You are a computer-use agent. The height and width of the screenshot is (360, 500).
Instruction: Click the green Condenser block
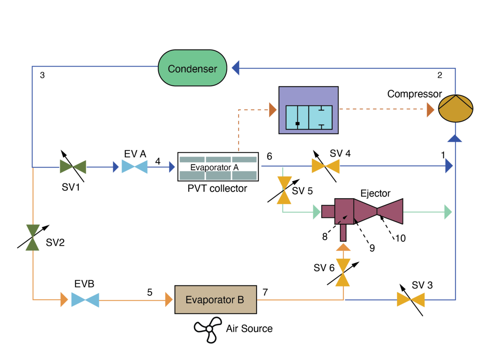pyautogui.click(x=192, y=68)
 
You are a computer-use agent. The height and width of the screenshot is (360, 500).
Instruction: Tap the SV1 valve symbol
pyautogui.click(x=73, y=167)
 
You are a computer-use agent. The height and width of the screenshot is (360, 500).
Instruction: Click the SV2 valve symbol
pyautogui.click(x=32, y=237)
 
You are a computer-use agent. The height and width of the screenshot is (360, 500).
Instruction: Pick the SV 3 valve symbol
pyautogui.click(x=410, y=299)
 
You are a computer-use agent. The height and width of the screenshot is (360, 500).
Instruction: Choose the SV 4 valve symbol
pyautogui.click(x=325, y=167)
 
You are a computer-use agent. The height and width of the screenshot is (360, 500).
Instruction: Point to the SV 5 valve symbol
pyautogui.click(x=285, y=190)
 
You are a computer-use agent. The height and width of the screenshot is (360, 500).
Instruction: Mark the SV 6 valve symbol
pyautogui.click(x=343, y=272)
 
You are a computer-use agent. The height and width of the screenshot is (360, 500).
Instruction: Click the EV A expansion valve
pyautogui.click(x=135, y=167)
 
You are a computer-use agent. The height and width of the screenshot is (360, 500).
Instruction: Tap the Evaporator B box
pyautogui.click(x=215, y=300)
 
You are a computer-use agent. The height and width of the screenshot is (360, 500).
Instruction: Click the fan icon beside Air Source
pyautogui.click(x=207, y=329)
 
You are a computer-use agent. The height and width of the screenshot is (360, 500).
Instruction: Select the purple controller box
pyautogui.click(x=308, y=110)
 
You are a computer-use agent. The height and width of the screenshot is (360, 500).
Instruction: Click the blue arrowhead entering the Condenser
pyautogui.click(x=236, y=68)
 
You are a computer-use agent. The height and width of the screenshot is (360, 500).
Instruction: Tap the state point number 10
pyautogui.click(x=400, y=238)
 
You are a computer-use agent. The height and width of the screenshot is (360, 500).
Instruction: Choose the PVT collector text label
pyautogui.click(x=217, y=188)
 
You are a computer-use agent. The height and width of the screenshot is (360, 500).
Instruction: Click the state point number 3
pyautogui.click(x=42, y=75)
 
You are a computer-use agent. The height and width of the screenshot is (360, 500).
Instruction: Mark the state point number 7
pyautogui.click(x=265, y=292)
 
